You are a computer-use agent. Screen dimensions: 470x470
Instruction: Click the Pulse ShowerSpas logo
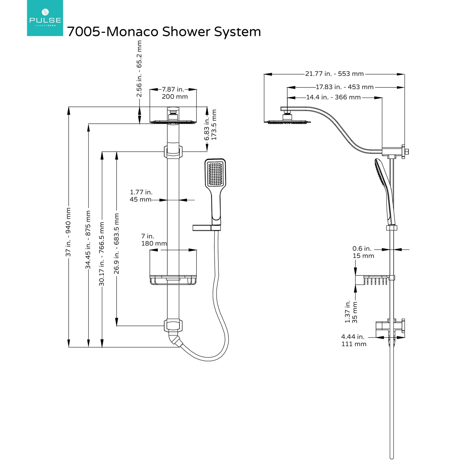click(45, 18)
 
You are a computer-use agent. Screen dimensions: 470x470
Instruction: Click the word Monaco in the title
click(132, 32)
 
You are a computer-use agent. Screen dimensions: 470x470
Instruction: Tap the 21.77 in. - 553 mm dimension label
click(334, 74)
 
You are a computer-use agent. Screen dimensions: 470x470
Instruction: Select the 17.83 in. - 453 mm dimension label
click(344, 87)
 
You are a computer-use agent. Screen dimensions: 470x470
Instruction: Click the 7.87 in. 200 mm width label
click(174, 93)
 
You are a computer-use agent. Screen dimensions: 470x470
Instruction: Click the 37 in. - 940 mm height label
click(68, 232)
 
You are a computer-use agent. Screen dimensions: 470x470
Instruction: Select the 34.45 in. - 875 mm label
click(88, 240)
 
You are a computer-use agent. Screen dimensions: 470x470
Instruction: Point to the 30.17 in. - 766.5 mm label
click(102, 254)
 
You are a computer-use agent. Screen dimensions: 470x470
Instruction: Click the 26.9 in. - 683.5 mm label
click(117, 244)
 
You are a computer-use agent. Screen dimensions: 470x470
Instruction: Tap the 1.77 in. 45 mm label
click(141, 196)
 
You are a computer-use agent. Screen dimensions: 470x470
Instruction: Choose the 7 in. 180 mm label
click(154, 240)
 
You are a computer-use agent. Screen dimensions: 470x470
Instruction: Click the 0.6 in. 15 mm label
click(363, 252)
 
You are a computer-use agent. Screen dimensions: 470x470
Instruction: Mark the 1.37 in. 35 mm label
click(351, 312)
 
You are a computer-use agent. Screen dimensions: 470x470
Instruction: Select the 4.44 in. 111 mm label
click(354, 340)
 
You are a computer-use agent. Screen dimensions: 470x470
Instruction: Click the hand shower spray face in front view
click(215, 174)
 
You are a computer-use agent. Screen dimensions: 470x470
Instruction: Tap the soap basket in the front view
click(173, 280)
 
